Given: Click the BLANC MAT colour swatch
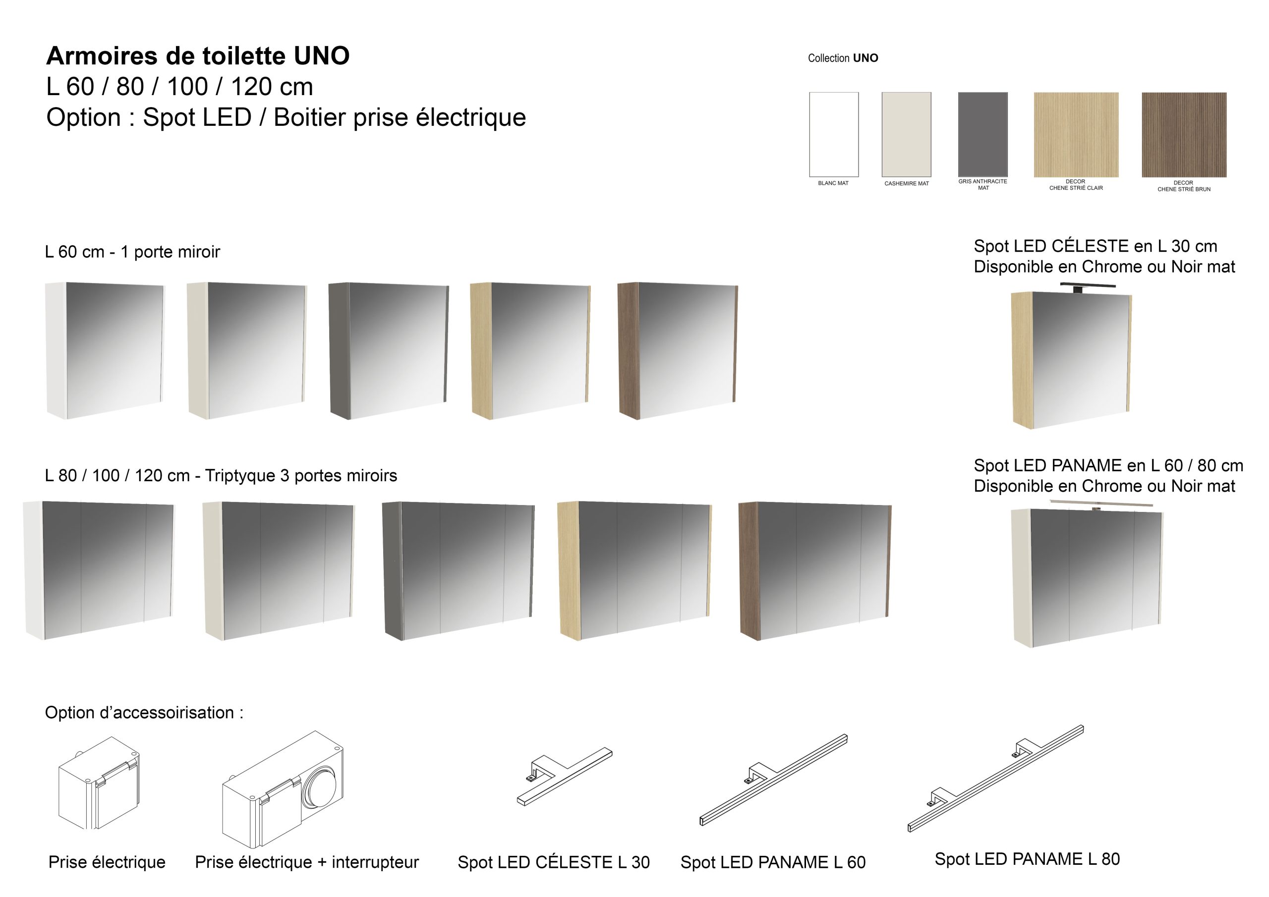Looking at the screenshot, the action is coord(833,134).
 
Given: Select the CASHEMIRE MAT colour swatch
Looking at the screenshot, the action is coord(907,134).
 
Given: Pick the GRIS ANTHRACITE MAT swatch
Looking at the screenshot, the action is coord(982,134).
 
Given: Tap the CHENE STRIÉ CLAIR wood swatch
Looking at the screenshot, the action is coord(1076,134).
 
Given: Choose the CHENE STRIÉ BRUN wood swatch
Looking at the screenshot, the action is coord(1184,134).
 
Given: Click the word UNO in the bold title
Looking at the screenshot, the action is coord(322,56).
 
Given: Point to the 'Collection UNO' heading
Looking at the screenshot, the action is coord(843,58).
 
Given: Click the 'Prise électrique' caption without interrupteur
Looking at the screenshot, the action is coord(107,862).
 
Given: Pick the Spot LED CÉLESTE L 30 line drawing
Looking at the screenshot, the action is coord(564,777).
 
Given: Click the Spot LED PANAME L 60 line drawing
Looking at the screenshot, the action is coord(773,780).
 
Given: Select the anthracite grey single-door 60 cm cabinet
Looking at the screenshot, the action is coord(389,351).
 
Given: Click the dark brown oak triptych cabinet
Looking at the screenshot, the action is coord(814,571).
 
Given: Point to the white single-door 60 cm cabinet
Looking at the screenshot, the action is coord(105,350).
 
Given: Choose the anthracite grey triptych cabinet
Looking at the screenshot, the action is coord(458,571).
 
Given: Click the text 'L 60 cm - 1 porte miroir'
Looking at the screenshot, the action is coord(133,252).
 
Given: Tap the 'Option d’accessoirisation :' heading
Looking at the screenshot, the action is coord(144,713).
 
